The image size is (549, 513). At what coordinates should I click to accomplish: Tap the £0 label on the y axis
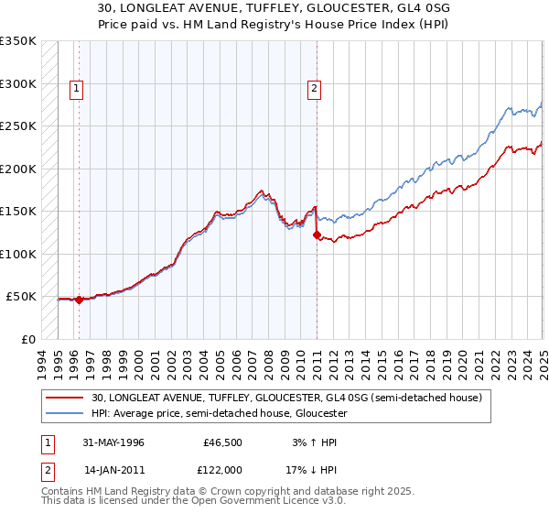(28, 339)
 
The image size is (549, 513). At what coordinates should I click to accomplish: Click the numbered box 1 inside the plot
(75, 89)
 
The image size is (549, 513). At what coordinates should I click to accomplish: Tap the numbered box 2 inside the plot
(314, 89)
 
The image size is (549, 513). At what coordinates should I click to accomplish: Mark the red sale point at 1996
(79, 300)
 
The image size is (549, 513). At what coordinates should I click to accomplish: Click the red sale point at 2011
(317, 235)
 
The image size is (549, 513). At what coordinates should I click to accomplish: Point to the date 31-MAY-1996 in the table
(113, 442)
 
